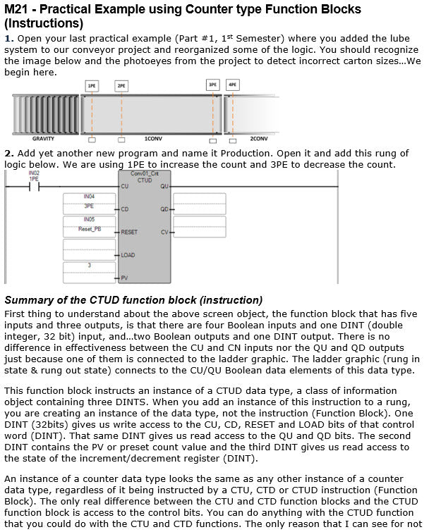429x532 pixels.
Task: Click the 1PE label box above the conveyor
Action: tap(92, 85)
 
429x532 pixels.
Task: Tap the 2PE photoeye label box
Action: tap(122, 85)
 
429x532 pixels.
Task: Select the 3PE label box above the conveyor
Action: tap(212, 85)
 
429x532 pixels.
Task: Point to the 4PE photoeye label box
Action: tap(233, 85)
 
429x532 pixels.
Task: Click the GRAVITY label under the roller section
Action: tap(44, 139)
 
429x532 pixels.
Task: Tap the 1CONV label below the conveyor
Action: tap(152, 139)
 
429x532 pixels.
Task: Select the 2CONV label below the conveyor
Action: tap(259, 139)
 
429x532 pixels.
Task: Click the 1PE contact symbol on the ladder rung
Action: tap(33, 187)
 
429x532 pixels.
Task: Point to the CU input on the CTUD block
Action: tap(125, 187)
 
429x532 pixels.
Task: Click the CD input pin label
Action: tap(125, 209)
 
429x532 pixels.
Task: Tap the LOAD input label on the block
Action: tap(128, 255)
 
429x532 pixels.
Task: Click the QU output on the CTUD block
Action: tap(164, 187)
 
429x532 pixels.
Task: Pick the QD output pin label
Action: tap(164, 209)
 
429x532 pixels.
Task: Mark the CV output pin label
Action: tap(164, 232)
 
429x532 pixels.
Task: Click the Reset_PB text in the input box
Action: tap(89, 229)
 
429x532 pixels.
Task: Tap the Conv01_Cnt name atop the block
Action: tap(145, 173)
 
